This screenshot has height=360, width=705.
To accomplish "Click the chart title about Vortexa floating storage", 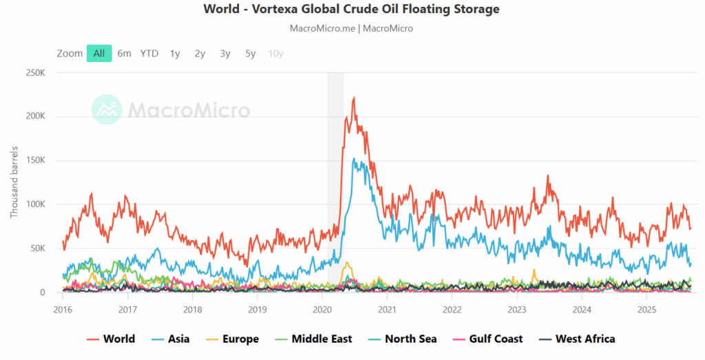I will point(352,10).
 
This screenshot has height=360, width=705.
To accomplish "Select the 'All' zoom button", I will point(99,54).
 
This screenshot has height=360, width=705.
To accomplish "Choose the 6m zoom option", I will point(124,54).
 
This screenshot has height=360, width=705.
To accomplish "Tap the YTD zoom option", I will point(149,54).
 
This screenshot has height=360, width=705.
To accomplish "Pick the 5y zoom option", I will point(251,54).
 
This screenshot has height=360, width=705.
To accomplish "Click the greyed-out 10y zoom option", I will point(275,54).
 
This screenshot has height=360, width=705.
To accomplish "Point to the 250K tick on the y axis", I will point(36,72).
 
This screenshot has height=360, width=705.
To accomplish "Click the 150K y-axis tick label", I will point(36,160).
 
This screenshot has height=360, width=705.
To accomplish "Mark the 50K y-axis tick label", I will point(38,248).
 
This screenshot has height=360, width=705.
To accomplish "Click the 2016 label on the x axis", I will point(63,310).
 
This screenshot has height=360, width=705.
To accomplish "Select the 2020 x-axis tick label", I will point(322,310).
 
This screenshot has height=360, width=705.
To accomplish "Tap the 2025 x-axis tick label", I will point(646,310).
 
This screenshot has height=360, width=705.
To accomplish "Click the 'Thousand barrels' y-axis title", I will point(14,182).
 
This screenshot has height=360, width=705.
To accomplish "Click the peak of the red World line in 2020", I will point(354,98).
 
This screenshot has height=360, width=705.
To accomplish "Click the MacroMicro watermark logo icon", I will point(107,109).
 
